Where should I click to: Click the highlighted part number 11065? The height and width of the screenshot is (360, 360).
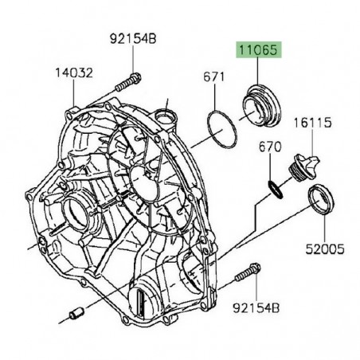[x=258, y=49]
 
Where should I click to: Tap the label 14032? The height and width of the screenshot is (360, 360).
[x=74, y=72]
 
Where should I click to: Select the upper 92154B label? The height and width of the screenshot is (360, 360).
[x=133, y=39]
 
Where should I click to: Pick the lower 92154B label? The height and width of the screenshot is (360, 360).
[x=256, y=308]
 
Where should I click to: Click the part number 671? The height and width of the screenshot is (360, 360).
[x=213, y=77]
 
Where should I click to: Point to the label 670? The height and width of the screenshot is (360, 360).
[x=270, y=147]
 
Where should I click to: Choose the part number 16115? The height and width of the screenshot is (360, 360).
[x=312, y=123]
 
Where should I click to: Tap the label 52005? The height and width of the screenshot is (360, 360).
[x=325, y=249]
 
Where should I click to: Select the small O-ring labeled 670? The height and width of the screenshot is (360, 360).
[x=275, y=189]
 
